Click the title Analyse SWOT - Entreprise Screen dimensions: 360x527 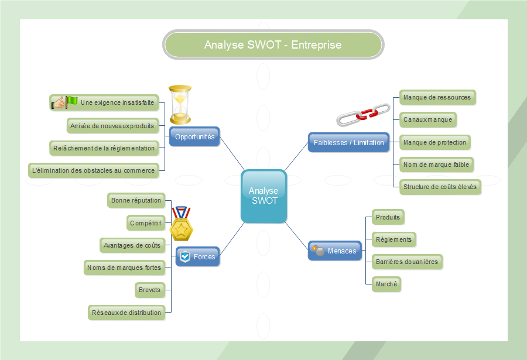273,45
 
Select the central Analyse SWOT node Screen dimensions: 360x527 263,196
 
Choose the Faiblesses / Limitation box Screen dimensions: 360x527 348,142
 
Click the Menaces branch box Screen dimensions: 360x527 335,251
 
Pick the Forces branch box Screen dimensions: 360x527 198,256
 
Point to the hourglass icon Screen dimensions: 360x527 180,104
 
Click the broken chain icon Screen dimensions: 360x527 363,115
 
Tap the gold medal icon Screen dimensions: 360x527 181,223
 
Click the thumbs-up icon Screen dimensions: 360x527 58,103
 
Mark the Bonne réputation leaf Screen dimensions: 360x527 136,200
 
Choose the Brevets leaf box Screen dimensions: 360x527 149,290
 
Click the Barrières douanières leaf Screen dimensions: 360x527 406,262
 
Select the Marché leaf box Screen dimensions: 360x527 386,284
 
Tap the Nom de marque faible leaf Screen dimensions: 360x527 436,164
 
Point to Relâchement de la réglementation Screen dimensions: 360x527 104,148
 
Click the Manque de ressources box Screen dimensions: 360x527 437,97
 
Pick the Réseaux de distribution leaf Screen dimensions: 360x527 126,313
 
